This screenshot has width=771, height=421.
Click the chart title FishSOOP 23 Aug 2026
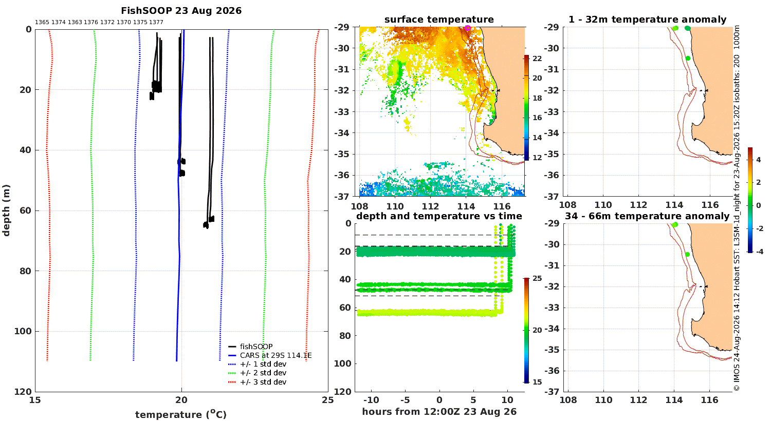point(181,11)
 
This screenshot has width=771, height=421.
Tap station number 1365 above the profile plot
point(42,23)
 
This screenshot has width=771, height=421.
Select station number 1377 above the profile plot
point(156,23)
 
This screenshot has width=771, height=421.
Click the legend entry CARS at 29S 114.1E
point(276,355)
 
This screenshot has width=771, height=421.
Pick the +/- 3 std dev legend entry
point(263,382)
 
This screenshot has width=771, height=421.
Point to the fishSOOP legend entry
point(256,347)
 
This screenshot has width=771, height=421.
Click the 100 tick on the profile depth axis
point(23,331)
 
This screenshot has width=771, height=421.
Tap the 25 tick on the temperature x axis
point(328,400)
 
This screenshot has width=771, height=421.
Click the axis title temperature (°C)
point(181,414)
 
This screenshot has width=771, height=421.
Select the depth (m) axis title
point(6,210)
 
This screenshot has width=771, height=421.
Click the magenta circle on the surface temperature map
point(467,28)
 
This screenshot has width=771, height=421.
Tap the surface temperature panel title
point(439,20)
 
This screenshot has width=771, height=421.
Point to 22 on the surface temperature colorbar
point(537,59)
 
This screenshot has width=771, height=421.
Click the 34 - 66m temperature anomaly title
point(647,216)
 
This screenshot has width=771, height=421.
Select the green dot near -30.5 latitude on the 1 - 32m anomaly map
point(688,59)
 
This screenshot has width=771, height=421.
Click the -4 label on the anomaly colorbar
point(759,252)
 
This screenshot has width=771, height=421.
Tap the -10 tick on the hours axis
point(371,400)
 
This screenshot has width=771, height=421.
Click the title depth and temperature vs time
point(439,216)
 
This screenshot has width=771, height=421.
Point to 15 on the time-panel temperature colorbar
point(537,382)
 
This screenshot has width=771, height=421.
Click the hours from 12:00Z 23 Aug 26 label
point(439,412)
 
